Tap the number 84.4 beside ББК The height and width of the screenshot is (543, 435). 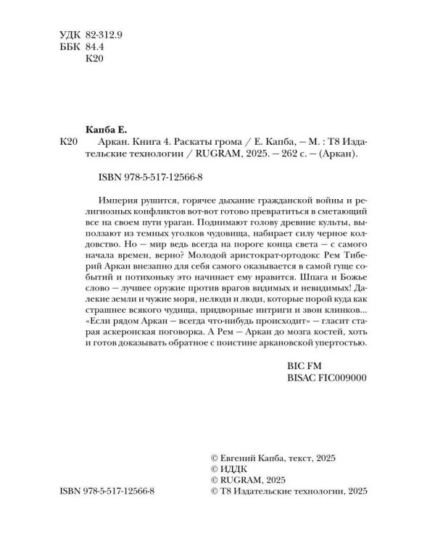[96, 47]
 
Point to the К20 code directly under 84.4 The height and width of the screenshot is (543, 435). [95, 60]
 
